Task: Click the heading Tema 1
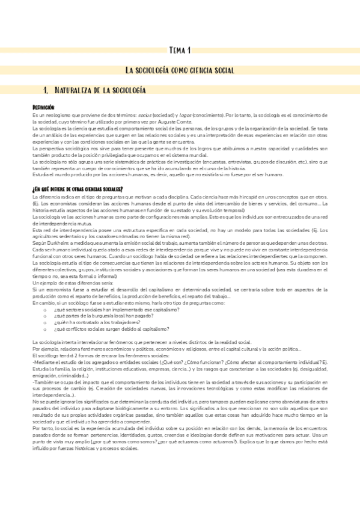point(180,50)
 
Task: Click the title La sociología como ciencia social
point(180,70)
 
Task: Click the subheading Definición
point(43,106)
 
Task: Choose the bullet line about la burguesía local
point(94,316)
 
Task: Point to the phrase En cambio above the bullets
point(44,303)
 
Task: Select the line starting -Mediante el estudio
point(120,363)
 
